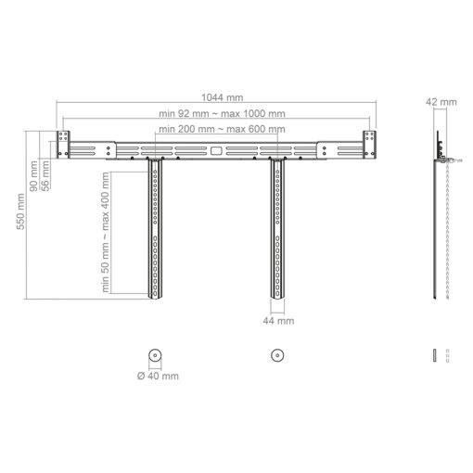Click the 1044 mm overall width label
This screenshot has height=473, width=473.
[x=221, y=96]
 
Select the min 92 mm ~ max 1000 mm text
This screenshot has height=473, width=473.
[x=221, y=112]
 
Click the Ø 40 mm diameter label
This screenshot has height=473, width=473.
[x=158, y=376]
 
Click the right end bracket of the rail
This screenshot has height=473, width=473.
[x=370, y=145]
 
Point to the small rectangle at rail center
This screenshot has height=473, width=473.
[x=216, y=148]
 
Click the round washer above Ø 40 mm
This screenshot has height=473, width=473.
[x=154, y=355]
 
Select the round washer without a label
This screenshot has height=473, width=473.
[x=275, y=355]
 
